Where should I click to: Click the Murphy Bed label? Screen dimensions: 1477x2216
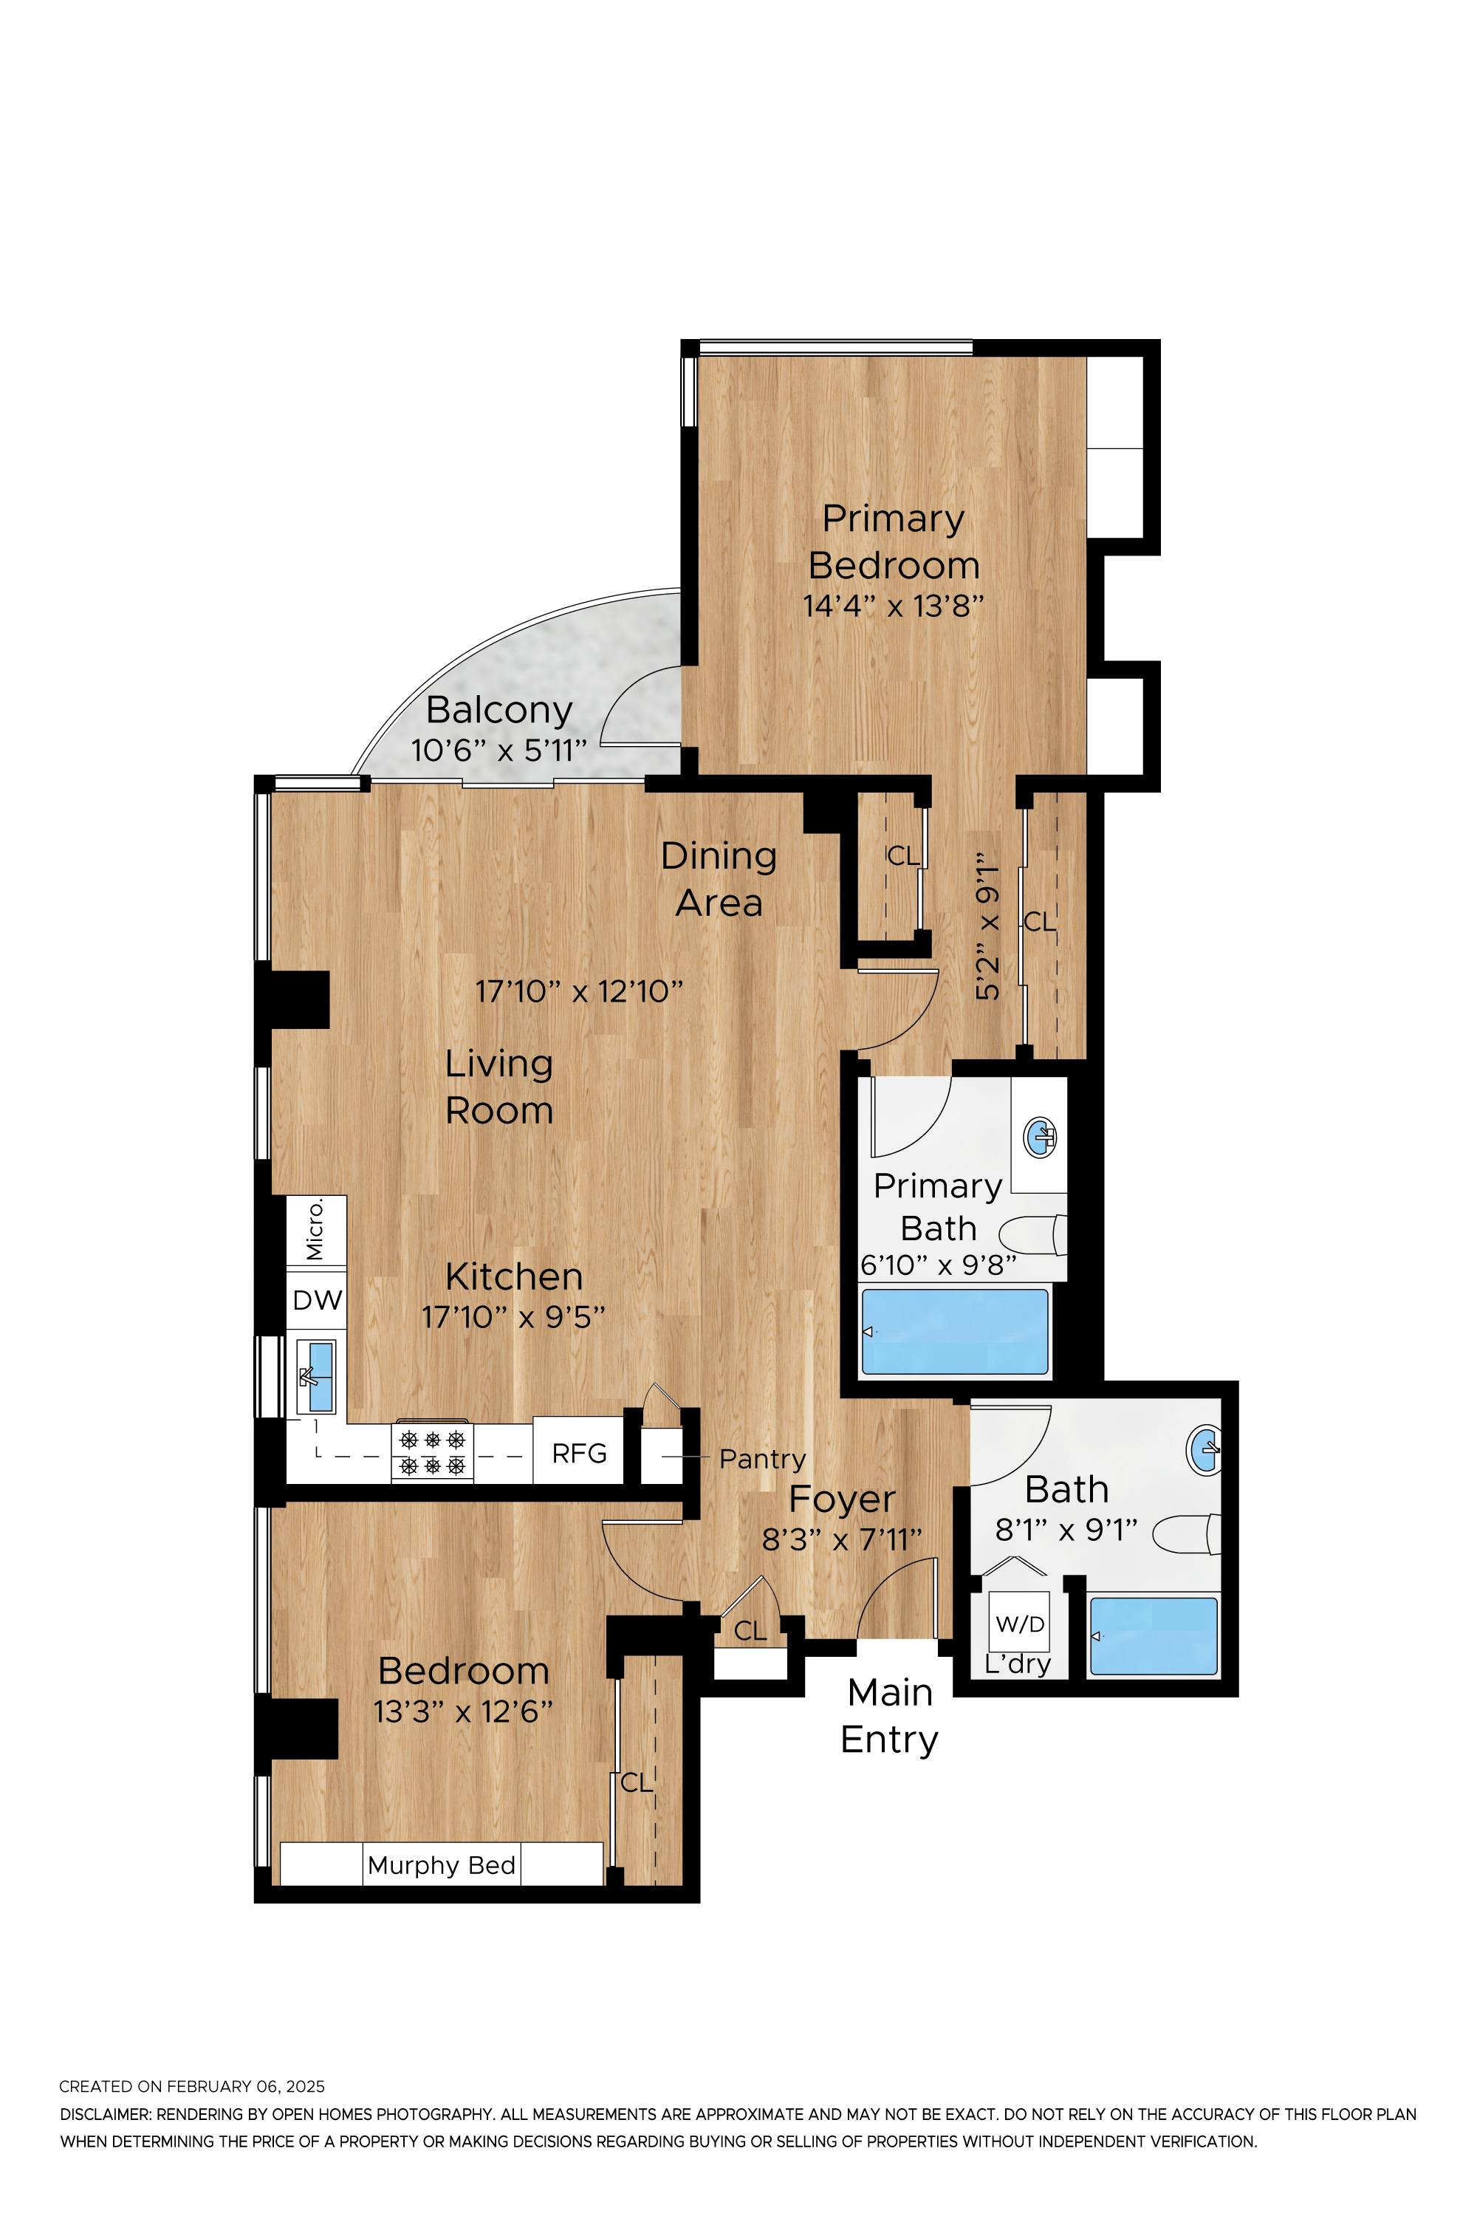click(442, 1864)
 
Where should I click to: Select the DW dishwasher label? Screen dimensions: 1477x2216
click(318, 1300)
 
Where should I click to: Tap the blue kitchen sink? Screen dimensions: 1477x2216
click(321, 1377)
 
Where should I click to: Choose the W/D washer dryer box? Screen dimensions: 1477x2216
click(1020, 1621)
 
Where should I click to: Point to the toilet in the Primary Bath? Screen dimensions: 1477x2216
click(1033, 1235)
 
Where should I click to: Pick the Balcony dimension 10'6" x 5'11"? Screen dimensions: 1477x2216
click(499, 751)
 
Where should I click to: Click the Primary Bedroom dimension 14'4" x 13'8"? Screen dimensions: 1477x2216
click(893, 606)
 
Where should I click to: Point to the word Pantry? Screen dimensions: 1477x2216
click(762, 1460)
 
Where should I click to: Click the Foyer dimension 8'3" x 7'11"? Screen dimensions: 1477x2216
click(841, 1539)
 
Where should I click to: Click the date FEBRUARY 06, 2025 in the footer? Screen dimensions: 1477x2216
click(246, 2086)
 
